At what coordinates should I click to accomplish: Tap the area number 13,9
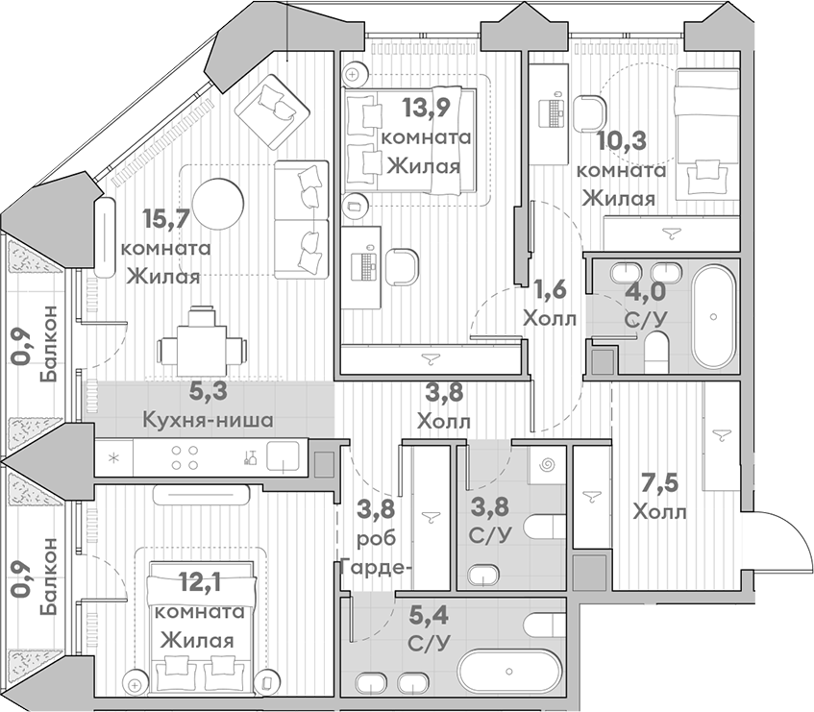pyautogui.click(x=425, y=110)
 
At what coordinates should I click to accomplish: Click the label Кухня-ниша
pyautogui.click(x=209, y=420)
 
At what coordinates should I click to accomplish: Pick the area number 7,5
pyautogui.click(x=660, y=484)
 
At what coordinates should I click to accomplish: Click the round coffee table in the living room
pyautogui.click(x=217, y=204)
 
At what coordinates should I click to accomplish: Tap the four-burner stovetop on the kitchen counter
pyautogui.click(x=185, y=457)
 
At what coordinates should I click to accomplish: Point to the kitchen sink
pyautogui.click(x=283, y=456)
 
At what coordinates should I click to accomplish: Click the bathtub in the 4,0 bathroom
pyautogui.click(x=714, y=316)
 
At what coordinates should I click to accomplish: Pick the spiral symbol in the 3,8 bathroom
pyautogui.click(x=547, y=465)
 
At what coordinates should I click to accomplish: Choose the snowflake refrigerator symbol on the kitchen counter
pyautogui.click(x=113, y=457)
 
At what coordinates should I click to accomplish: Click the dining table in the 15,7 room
pyautogui.click(x=203, y=350)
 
